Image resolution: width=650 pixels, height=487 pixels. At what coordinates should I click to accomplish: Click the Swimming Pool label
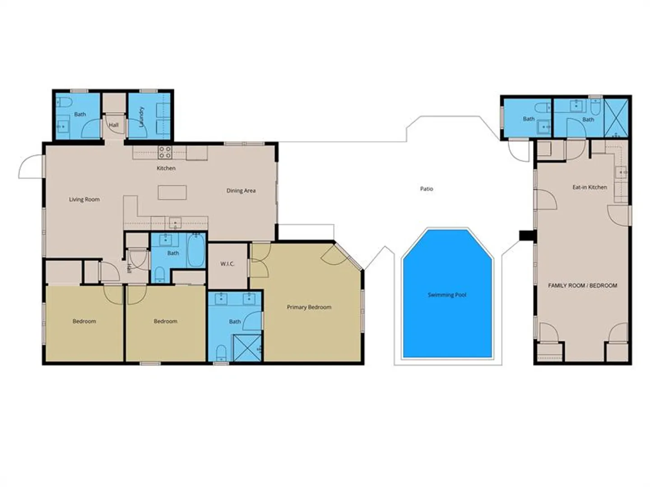click(447, 295)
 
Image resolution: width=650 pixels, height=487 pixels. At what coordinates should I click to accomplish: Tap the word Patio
click(427, 188)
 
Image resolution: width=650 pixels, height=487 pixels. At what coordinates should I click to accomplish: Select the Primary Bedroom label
click(309, 307)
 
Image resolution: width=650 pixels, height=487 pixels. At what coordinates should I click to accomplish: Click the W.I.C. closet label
click(227, 264)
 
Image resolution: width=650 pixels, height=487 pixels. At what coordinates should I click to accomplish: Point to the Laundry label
click(142, 117)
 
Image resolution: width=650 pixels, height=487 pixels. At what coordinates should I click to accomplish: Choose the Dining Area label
click(241, 191)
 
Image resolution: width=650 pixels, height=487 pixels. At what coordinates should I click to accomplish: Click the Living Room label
click(84, 200)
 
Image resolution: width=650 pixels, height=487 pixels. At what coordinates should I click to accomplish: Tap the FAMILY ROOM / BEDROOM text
click(582, 285)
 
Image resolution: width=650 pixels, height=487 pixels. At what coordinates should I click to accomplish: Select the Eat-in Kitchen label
click(590, 187)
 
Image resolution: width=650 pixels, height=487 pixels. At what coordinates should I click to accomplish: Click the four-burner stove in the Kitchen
click(165, 152)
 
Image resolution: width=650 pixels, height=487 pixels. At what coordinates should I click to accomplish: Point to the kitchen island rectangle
click(172, 193)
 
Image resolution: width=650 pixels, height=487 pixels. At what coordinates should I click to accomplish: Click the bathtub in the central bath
click(196, 250)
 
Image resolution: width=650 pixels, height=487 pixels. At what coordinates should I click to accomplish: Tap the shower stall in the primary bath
click(247, 348)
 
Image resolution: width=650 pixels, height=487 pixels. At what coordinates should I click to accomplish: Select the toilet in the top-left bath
click(65, 103)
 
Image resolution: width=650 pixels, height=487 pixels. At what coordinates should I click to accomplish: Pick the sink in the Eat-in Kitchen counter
click(621, 172)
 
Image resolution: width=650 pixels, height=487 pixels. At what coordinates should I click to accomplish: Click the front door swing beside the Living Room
click(30, 166)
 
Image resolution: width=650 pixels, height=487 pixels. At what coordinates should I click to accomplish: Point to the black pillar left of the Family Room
click(526, 236)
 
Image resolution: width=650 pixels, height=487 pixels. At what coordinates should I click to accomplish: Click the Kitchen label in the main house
click(166, 168)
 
